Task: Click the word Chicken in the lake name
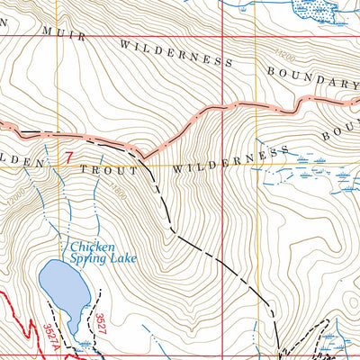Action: click(x=91, y=245)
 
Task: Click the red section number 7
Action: click(x=68, y=156)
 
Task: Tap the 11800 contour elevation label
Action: click(x=118, y=191)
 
